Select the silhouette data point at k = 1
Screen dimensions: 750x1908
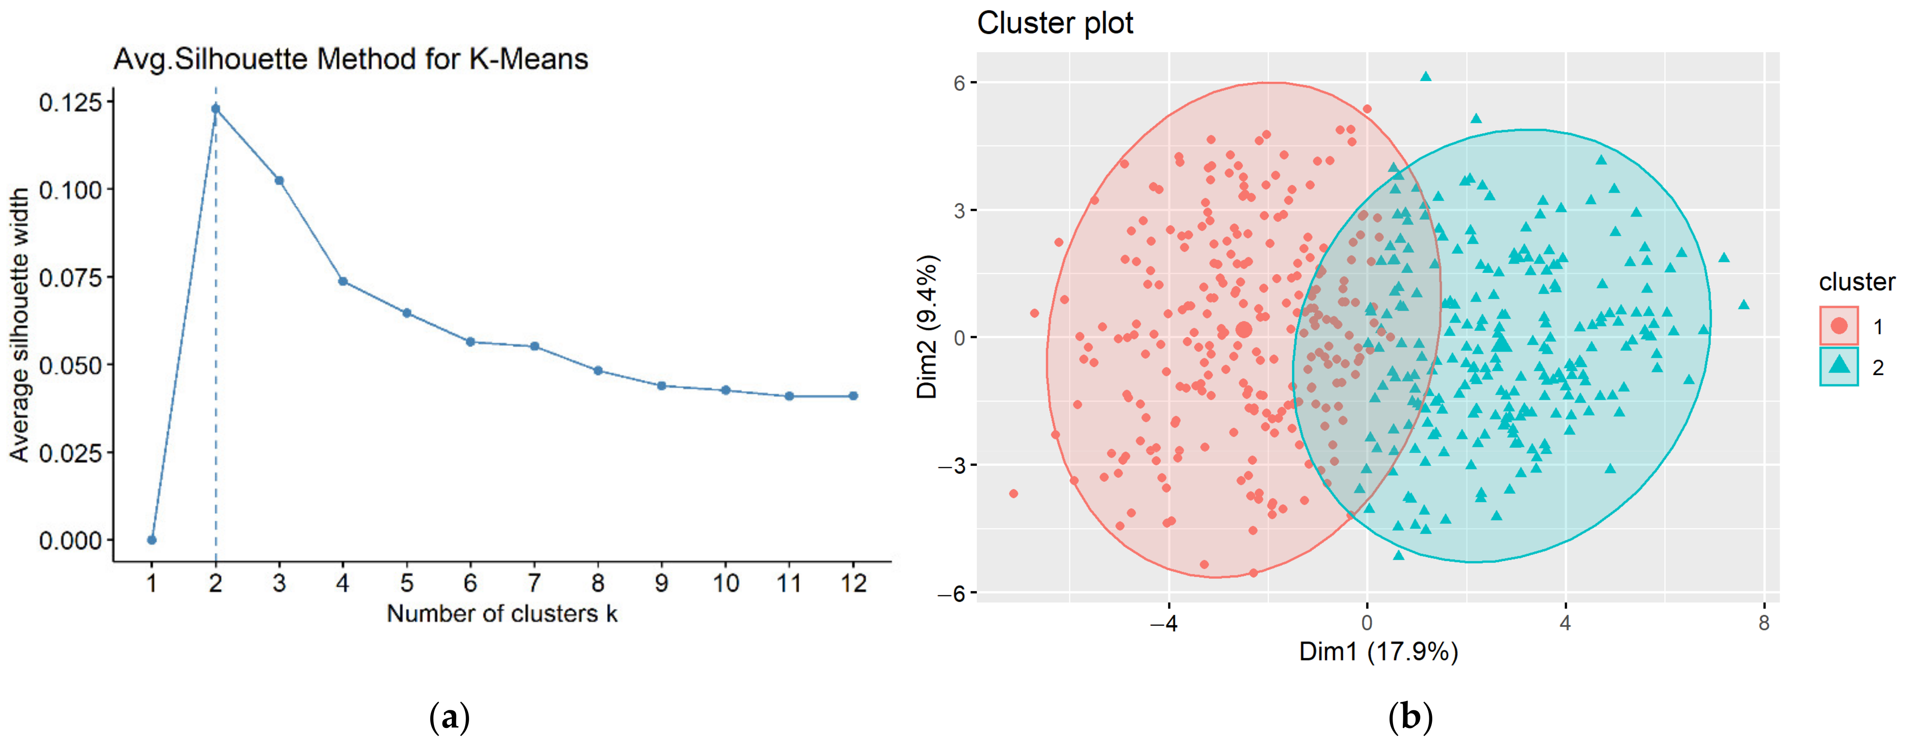[152, 540]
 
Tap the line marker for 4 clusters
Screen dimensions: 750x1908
[343, 281]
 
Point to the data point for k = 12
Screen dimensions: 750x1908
[853, 396]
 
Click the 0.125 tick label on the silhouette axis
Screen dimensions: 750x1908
[71, 102]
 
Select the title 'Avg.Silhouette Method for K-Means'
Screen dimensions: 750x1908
[350, 59]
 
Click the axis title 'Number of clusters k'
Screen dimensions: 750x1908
[501, 614]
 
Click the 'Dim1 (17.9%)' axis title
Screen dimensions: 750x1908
[1378, 652]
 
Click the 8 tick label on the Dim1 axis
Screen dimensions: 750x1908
[1763, 623]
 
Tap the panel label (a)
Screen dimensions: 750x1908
[449, 717]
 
